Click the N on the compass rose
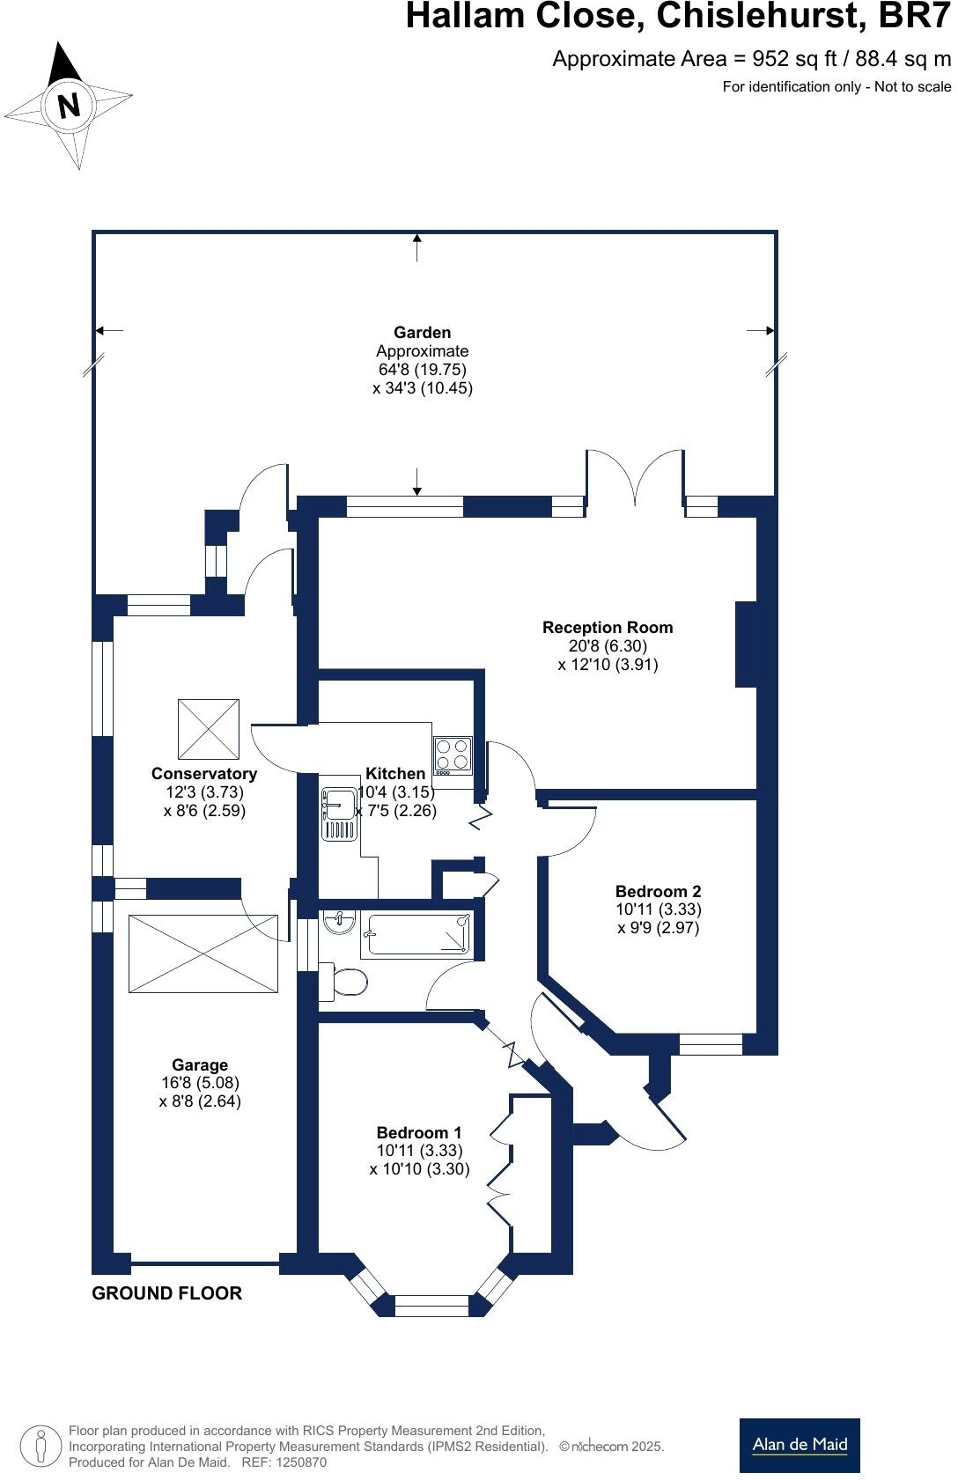pos(69,105)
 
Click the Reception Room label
pos(608,627)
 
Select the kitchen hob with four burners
pos(453,755)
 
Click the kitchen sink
pos(339,814)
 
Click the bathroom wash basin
pos(338,921)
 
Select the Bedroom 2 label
pos(658,891)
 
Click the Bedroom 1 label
pos(419,1132)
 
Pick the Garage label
pos(200,1064)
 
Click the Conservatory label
pos(204,773)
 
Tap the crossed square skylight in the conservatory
pos(208,729)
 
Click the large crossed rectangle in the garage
pos(203,954)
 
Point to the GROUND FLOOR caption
pos(167,1292)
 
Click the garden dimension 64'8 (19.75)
pos(422,369)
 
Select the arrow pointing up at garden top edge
pos(416,247)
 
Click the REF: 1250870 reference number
pos(284,1462)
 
